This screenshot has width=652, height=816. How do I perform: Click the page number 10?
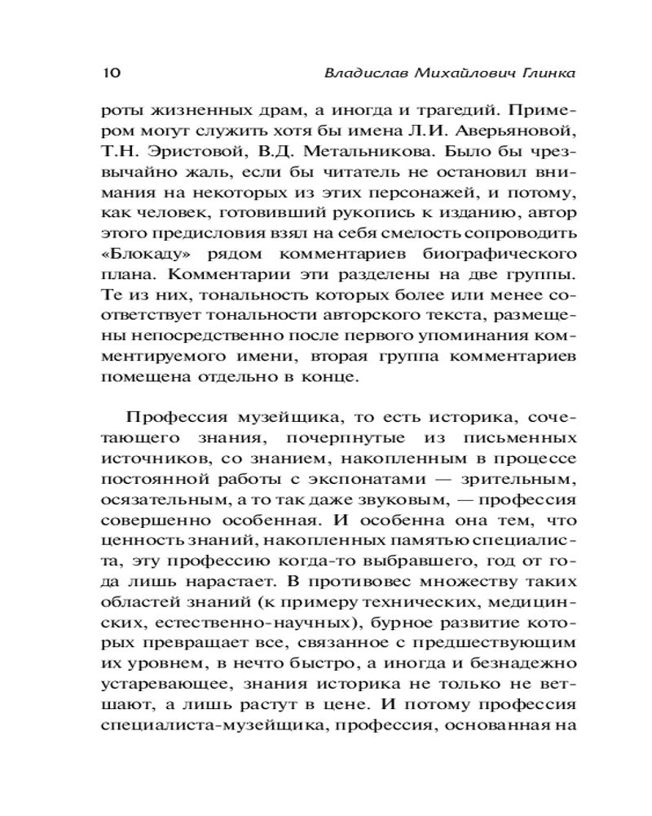(x=111, y=73)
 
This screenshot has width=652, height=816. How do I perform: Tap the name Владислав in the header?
(x=358, y=73)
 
